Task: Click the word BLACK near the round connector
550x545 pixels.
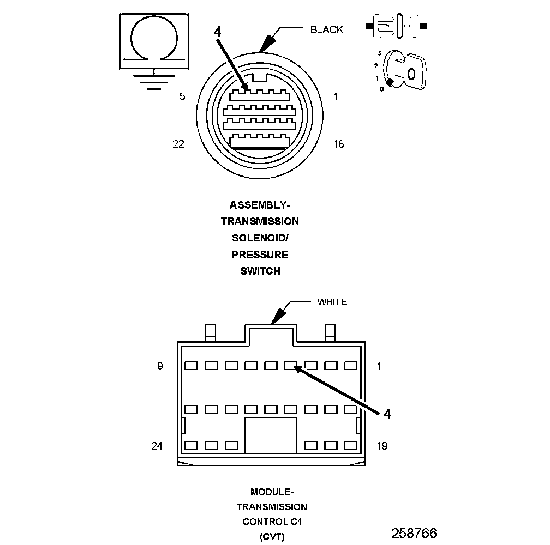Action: point(327,29)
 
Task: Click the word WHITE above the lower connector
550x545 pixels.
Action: point(332,302)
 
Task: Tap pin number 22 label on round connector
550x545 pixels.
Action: point(178,144)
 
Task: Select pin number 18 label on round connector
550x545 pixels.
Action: point(338,144)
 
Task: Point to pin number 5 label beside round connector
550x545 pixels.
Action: point(182,96)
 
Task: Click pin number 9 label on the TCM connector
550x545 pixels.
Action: point(160,366)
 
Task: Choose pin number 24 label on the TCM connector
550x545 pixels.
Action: point(157,446)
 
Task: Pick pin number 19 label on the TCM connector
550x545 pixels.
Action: point(382,446)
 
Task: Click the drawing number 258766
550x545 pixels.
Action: point(414,533)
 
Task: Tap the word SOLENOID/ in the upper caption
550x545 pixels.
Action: point(260,238)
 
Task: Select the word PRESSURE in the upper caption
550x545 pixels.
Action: point(260,255)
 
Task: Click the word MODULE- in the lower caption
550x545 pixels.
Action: point(272,491)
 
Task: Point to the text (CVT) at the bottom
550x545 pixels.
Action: point(272,537)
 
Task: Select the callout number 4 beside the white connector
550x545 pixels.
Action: point(387,414)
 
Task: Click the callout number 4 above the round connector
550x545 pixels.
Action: point(217,32)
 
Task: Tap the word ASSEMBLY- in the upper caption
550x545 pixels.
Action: point(260,205)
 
